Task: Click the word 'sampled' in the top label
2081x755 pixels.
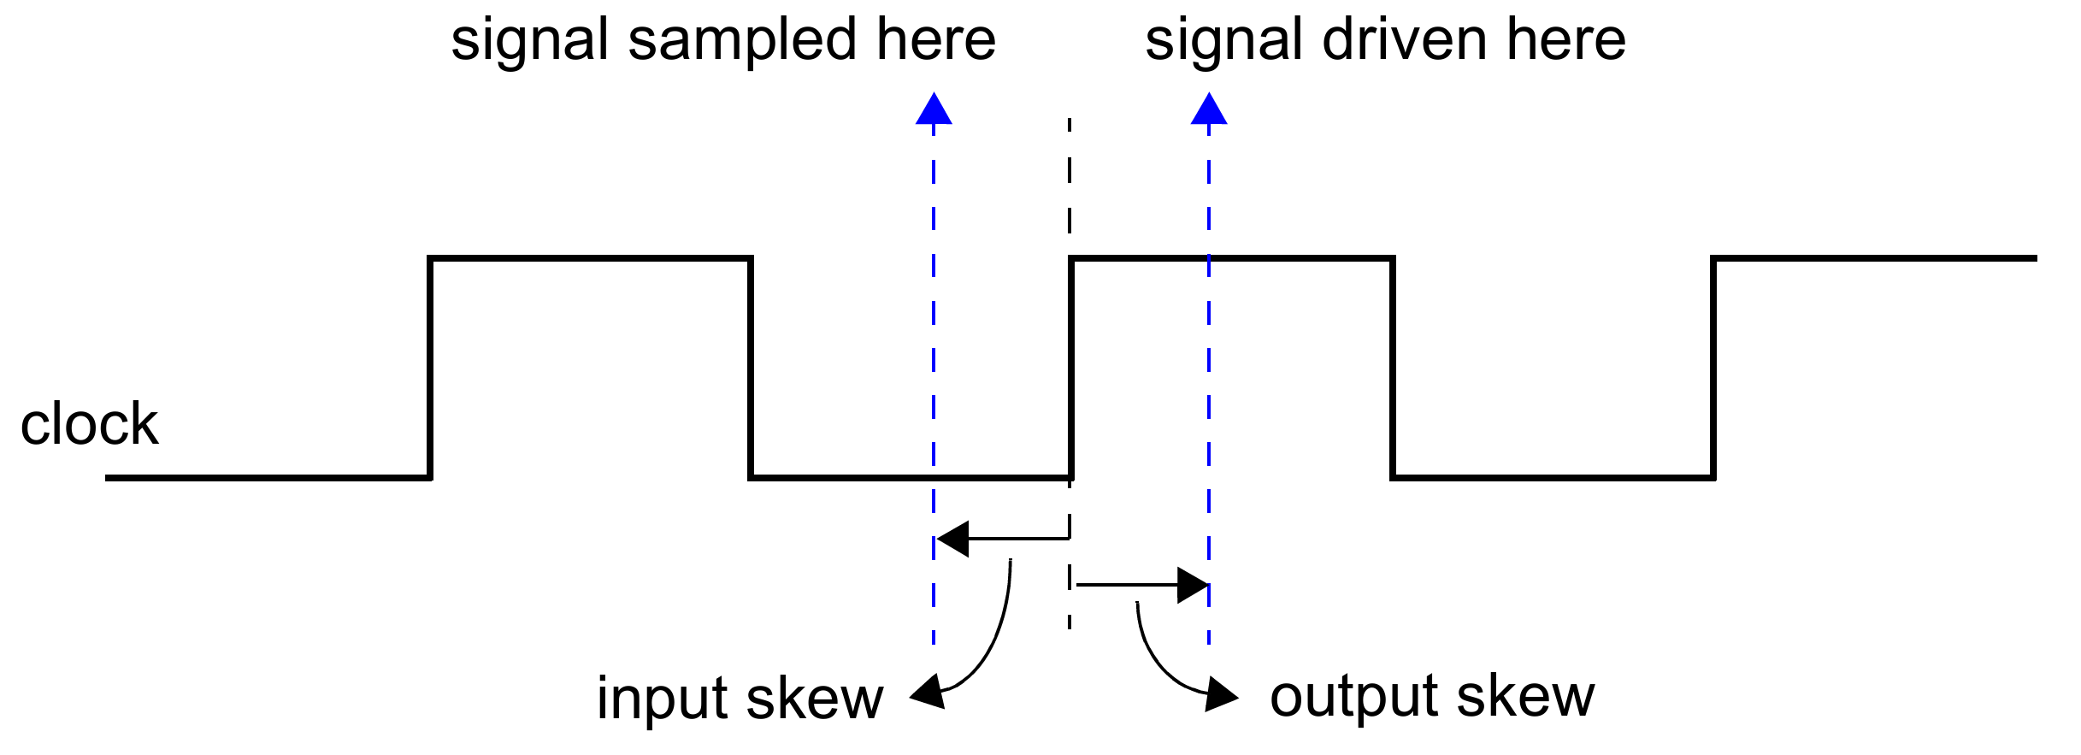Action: (740, 42)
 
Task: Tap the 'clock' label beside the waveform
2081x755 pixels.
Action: (89, 424)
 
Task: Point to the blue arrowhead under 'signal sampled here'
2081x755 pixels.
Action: (934, 109)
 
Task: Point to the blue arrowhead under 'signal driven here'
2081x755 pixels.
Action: (1209, 109)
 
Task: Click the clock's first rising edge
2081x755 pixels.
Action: (430, 368)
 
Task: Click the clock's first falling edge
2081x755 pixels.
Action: (751, 368)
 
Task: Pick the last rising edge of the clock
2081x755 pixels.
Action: (1713, 368)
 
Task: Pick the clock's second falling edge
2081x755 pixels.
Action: (1393, 368)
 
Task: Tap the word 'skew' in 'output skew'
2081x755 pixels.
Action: (1525, 697)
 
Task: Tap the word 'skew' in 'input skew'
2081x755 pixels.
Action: (814, 699)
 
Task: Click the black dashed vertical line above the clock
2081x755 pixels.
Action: (1070, 180)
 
